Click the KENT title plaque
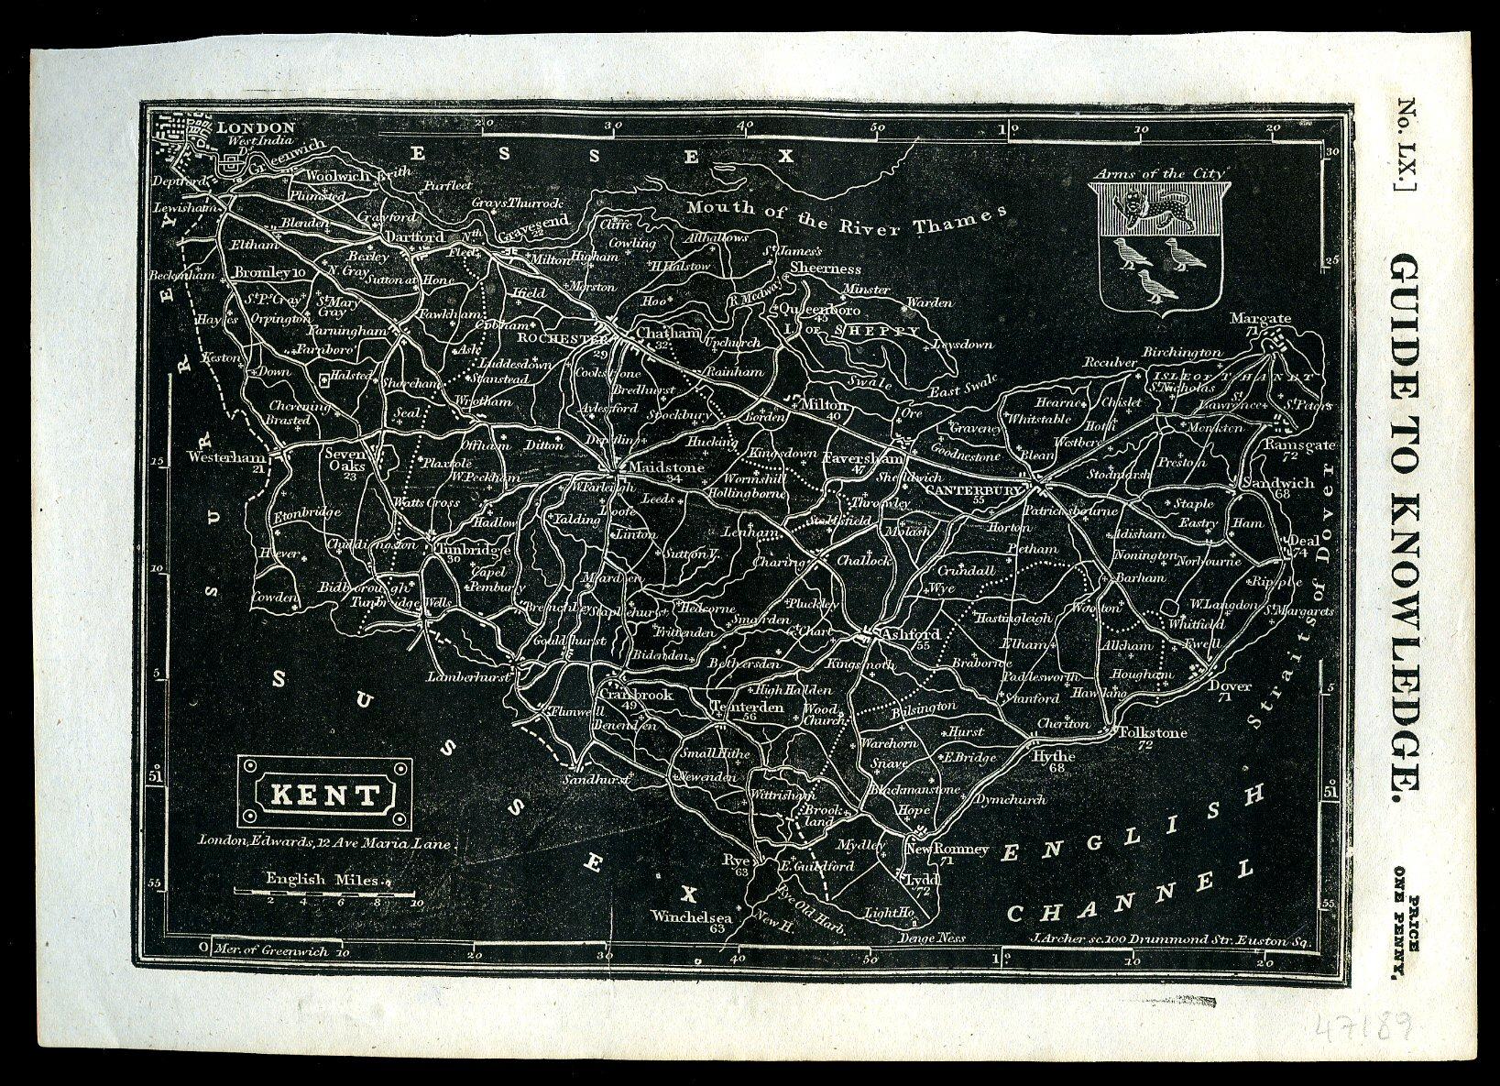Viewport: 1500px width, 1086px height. point(321,794)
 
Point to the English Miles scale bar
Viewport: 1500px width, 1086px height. point(321,890)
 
